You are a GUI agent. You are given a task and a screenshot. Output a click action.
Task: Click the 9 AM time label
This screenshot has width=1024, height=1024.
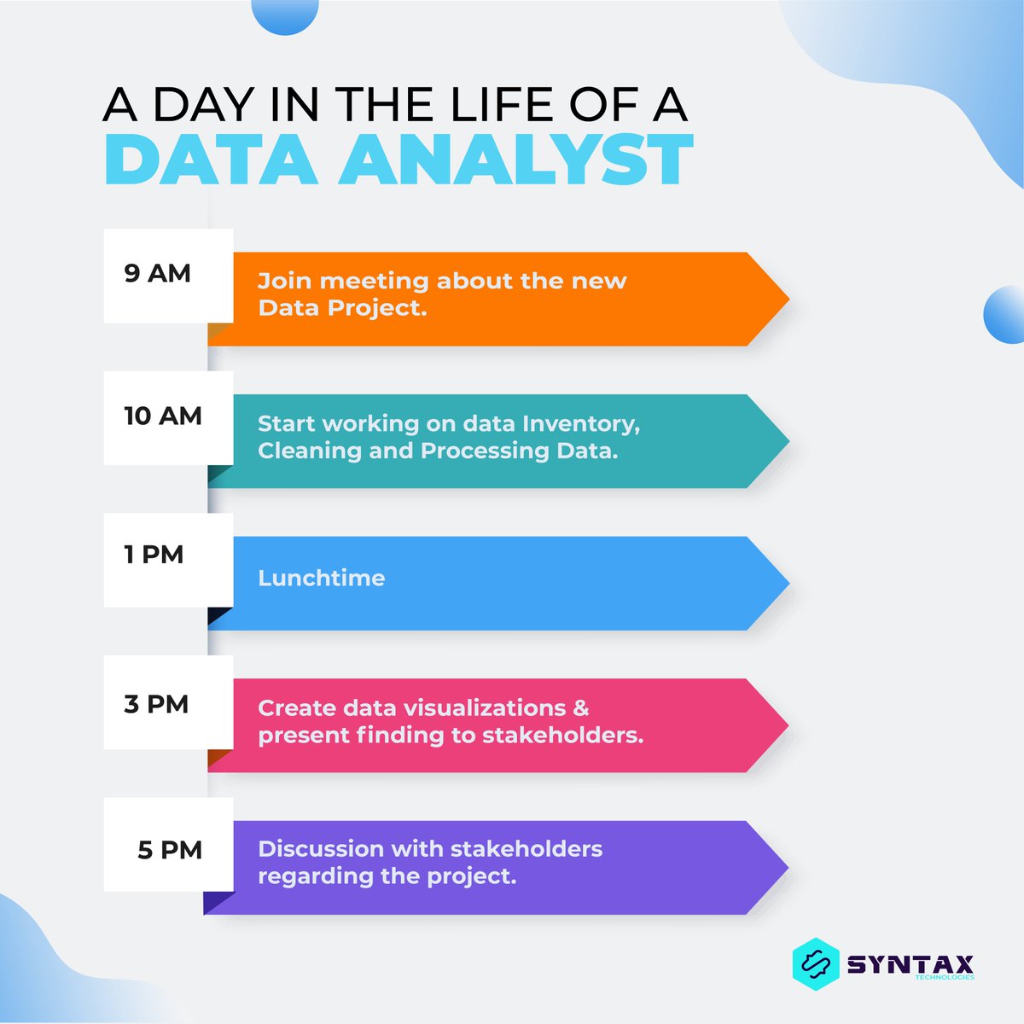click(157, 274)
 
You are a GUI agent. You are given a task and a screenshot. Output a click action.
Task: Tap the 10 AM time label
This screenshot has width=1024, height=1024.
click(162, 416)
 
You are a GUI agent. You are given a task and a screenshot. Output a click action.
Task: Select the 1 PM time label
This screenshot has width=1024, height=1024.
click(154, 555)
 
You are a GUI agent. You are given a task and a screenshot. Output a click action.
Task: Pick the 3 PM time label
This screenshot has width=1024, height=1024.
click(155, 705)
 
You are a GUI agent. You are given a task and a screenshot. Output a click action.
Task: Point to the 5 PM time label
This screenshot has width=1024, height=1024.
click(169, 851)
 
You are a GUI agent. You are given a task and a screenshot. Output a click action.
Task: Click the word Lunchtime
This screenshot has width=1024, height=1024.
click(321, 579)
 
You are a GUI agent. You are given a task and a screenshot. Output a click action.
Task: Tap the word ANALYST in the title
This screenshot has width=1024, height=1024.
click(515, 160)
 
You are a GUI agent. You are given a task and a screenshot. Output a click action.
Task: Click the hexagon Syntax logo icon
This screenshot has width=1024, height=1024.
click(815, 963)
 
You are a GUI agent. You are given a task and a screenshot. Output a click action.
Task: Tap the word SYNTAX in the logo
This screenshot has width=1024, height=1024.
click(910, 963)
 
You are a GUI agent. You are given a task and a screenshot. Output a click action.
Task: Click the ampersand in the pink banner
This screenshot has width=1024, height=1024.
click(581, 708)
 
